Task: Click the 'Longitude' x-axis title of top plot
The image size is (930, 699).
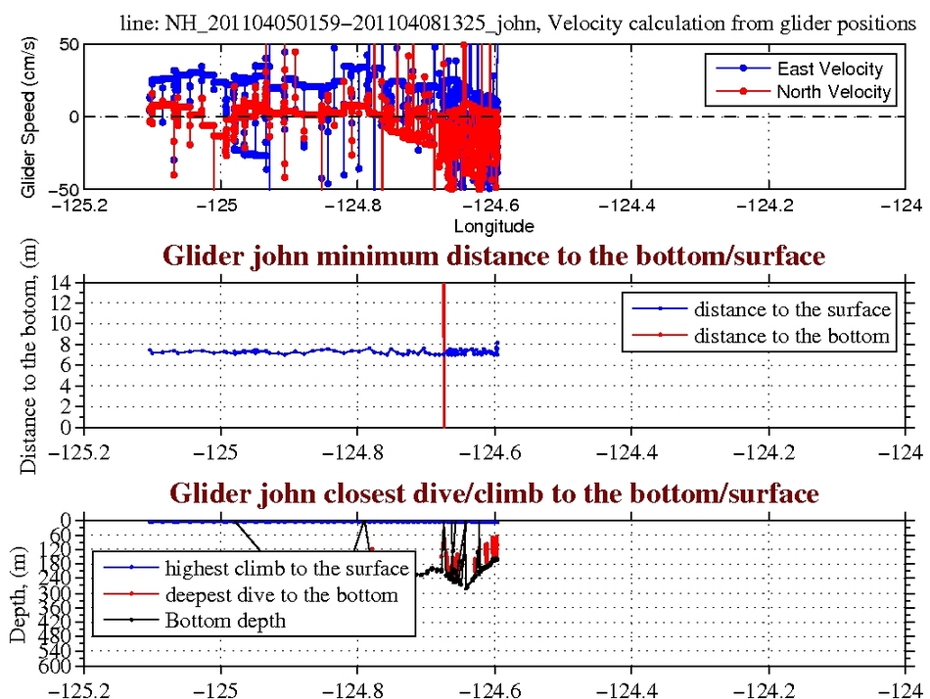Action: pyautogui.click(x=493, y=226)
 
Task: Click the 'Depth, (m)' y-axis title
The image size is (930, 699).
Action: pyautogui.click(x=19, y=594)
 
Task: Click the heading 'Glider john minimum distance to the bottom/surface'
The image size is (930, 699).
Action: pyautogui.click(x=493, y=256)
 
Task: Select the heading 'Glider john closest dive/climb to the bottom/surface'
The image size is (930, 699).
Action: pyautogui.click(x=494, y=494)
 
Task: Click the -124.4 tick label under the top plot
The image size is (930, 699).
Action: pyautogui.click(x=630, y=207)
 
